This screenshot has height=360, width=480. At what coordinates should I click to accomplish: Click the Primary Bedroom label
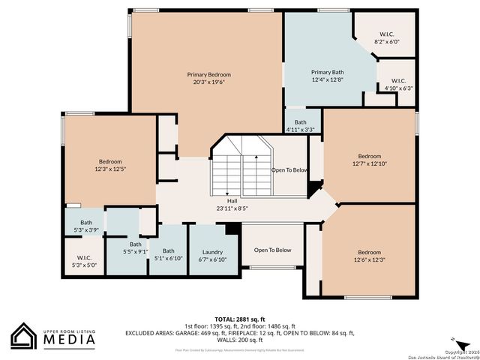[x=208, y=75]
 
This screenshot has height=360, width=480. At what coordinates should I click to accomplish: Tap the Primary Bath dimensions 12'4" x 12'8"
[x=327, y=79]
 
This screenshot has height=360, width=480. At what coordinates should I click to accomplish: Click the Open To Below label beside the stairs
[x=289, y=170]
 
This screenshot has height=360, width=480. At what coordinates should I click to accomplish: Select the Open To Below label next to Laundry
[x=272, y=250]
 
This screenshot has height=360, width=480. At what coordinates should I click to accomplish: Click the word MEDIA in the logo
[x=70, y=339]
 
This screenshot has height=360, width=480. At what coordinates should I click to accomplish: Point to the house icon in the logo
[x=24, y=336]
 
